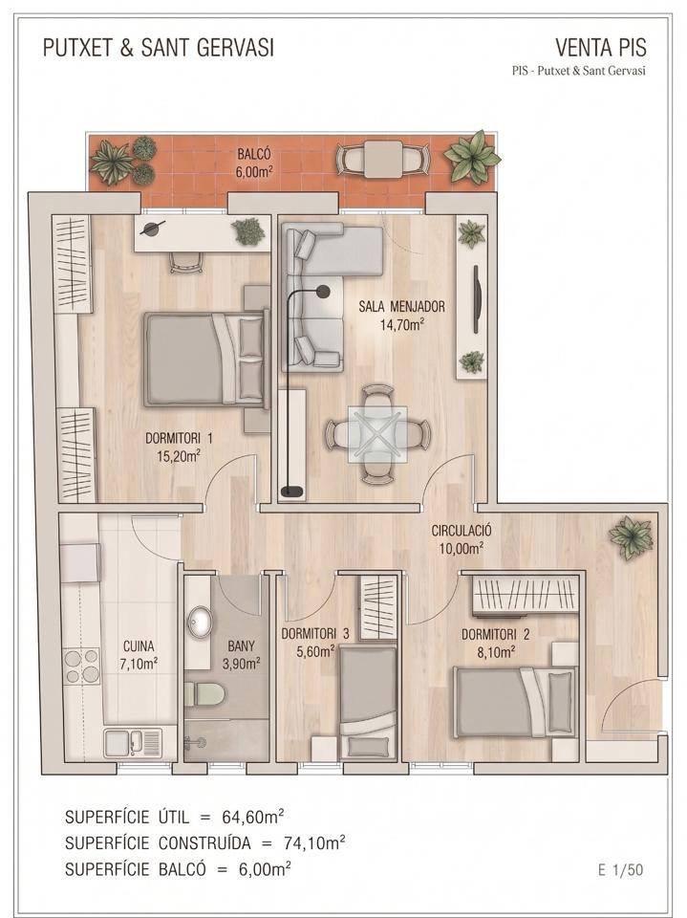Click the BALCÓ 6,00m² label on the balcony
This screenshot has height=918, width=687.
tap(254, 163)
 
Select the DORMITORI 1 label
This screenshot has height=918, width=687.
tap(179, 447)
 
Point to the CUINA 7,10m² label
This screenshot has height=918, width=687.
tap(139, 654)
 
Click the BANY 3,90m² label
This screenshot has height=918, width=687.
tap(241, 654)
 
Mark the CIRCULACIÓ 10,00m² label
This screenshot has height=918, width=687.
tap(462, 539)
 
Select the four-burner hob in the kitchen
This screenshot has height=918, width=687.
tap(82, 667)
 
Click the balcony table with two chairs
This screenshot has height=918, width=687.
tap(383, 159)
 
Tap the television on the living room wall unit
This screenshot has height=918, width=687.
tap(477, 299)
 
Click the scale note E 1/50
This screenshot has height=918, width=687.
tap(620, 870)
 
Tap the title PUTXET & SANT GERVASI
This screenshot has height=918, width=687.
tap(159, 48)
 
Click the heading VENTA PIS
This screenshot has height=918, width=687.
tap(601, 47)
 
